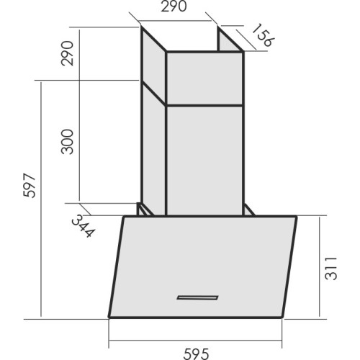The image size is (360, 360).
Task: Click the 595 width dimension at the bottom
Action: tap(196, 354)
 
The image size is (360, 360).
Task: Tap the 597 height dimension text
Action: tap(30, 185)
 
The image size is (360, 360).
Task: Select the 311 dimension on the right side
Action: tap(330, 268)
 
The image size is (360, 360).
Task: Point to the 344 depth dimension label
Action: tap(84, 225)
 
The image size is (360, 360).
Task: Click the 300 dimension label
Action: tap(67, 142)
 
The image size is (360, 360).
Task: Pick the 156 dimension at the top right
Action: tap(263, 35)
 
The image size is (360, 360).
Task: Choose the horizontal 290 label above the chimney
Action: tap(174, 6)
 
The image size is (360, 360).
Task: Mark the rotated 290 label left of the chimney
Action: tap(67, 53)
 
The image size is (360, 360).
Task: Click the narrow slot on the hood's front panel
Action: tap(197, 297)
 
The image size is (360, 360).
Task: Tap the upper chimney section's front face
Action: tap(204, 78)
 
